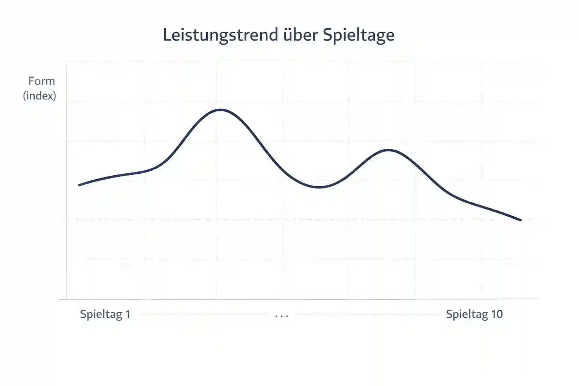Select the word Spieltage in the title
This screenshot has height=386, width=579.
[359, 35]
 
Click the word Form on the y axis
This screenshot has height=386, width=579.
[41, 81]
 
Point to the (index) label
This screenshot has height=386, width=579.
[39, 96]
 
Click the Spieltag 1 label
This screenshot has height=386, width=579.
[105, 314]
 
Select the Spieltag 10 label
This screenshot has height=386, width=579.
[474, 314]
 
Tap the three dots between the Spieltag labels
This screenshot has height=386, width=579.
[282, 316]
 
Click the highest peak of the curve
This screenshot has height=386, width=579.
[220, 110]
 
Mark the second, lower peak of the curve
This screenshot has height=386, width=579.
[388, 150]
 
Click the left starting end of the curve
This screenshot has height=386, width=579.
[80, 185]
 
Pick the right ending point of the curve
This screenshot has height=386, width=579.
[521, 220]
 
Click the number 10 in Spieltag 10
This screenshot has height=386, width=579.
[497, 314]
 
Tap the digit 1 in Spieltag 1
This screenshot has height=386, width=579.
[128, 314]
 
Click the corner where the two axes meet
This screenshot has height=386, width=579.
[67, 299]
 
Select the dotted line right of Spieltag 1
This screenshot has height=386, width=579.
[203, 315]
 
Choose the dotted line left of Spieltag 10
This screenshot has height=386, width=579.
[366, 315]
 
